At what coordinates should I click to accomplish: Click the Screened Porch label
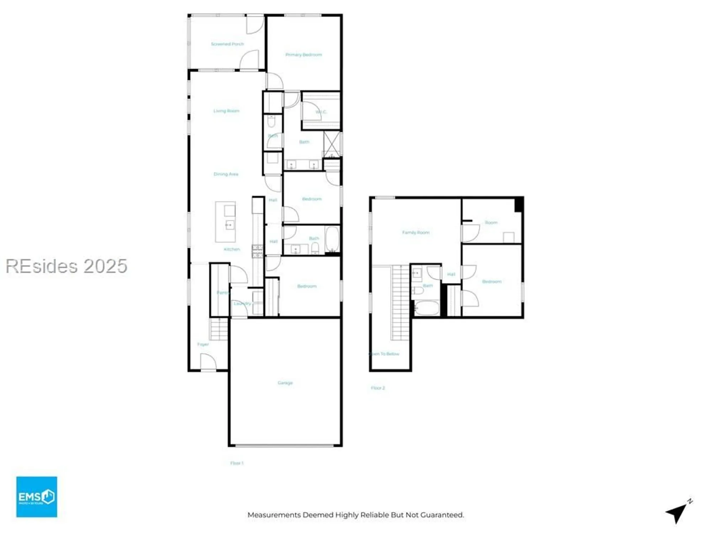pyautogui.click(x=228, y=44)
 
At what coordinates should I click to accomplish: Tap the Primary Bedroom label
pyautogui.click(x=304, y=55)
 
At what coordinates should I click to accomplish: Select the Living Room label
pyautogui.click(x=226, y=111)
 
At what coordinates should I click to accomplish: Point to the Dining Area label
pyautogui.click(x=226, y=174)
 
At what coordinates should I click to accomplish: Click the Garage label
pyautogui.click(x=285, y=383)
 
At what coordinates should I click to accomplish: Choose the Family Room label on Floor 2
pyautogui.click(x=416, y=232)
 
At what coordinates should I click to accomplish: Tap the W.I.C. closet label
pyautogui.click(x=321, y=112)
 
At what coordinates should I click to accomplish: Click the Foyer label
pyautogui.click(x=203, y=344)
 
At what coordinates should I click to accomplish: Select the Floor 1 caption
pyautogui.click(x=237, y=463)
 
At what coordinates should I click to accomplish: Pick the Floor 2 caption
pyautogui.click(x=378, y=388)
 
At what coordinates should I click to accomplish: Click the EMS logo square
pyautogui.click(x=37, y=497)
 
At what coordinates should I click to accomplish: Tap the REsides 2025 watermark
pyautogui.click(x=66, y=266)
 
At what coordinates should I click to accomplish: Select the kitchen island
pyautogui.click(x=225, y=222)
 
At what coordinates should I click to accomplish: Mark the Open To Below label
pyautogui.click(x=385, y=354)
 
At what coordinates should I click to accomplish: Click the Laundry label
pyautogui.click(x=242, y=303)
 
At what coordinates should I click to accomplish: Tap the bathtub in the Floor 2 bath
pyautogui.click(x=427, y=308)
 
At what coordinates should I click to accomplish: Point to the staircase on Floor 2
pyautogui.click(x=401, y=302)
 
